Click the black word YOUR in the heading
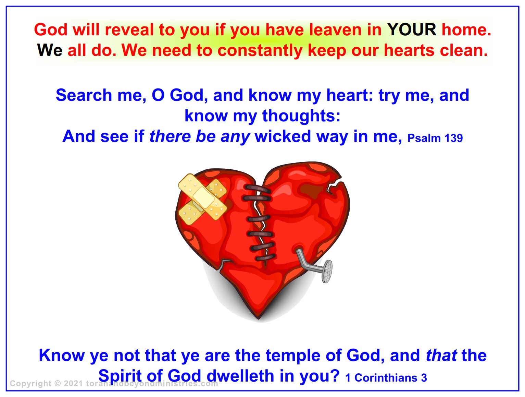point(412,30)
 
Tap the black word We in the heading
point(50,50)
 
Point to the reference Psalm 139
point(435,138)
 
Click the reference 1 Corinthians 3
point(386,378)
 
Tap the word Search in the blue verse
point(84,95)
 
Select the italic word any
point(235,137)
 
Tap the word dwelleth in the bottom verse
point(240,376)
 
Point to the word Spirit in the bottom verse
point(120,376)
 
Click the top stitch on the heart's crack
point(257,189)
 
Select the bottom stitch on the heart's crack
point(265,258)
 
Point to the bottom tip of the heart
point(259,319)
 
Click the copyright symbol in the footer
point(58,384)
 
